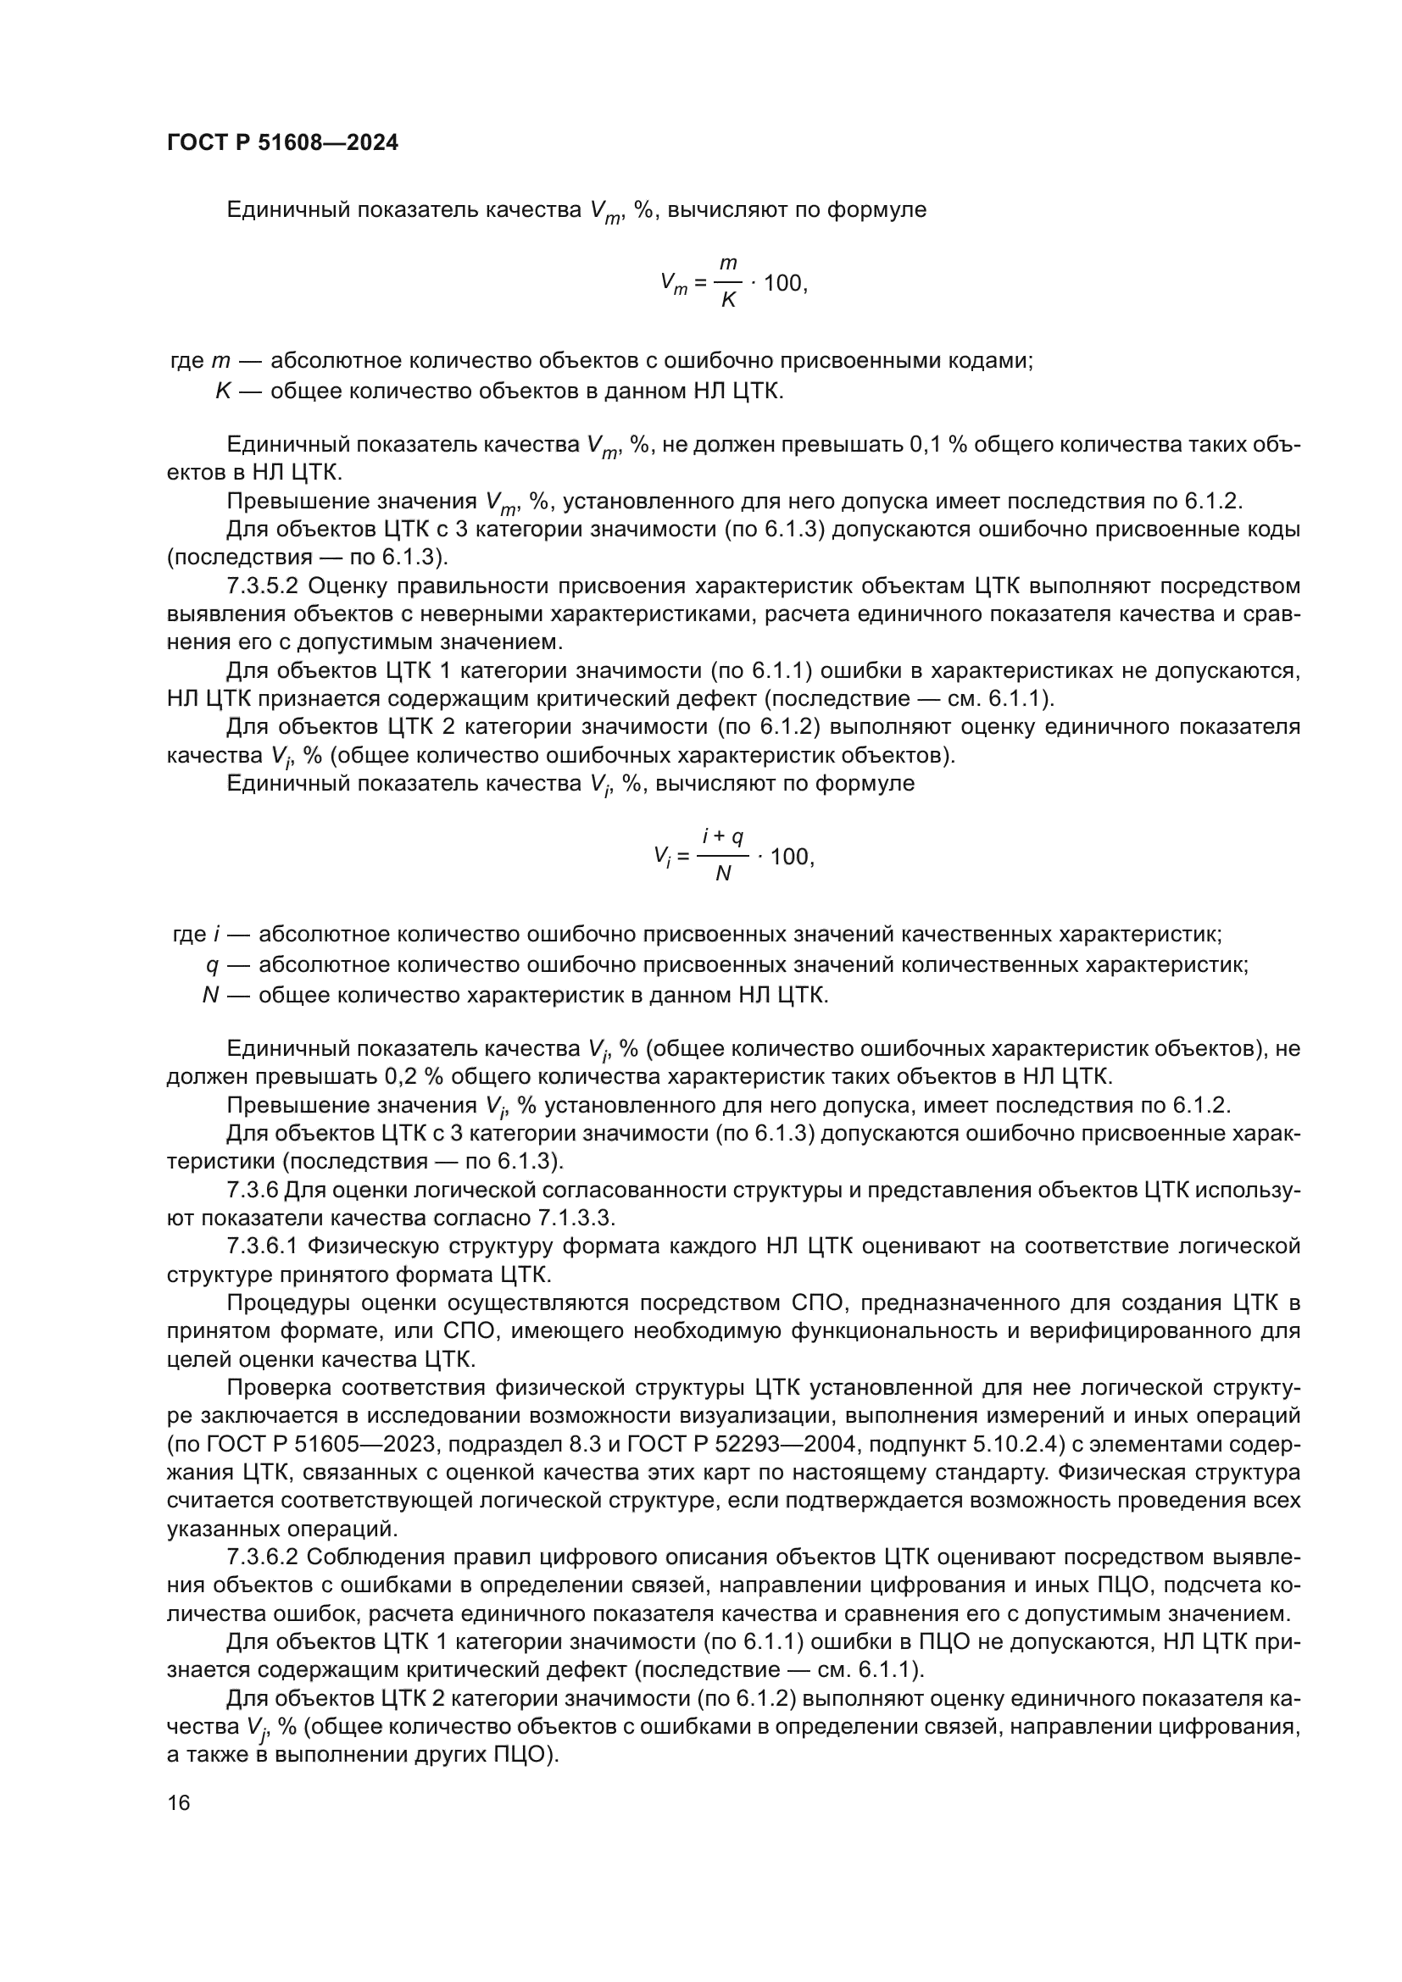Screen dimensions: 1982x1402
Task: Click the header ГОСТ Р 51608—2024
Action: [x=282, y=143]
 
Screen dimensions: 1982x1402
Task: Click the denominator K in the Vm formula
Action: [x=728, y=302]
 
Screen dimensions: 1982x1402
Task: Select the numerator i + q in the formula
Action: [x=722, y=836]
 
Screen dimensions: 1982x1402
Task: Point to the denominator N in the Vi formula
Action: [x=723, y=874]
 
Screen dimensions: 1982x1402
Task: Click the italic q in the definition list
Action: [x=212, y=965]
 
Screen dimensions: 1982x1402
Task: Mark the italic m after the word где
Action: [x=220, y=362]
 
